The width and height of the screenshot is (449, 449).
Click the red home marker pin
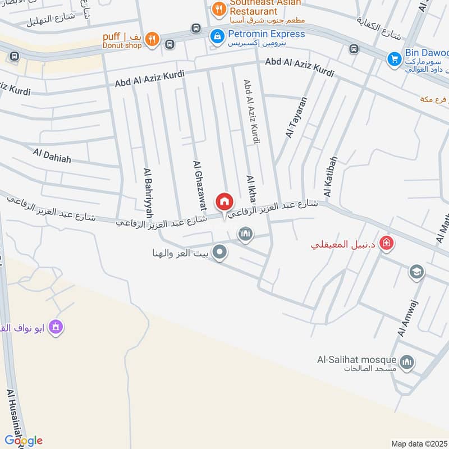click(224, 201)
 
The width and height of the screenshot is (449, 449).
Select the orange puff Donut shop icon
click(152, 39)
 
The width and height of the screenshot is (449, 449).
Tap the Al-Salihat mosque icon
click(408, 361)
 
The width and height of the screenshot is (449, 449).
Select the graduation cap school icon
click(416, 272)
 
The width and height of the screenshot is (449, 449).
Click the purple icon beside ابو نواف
click(55, 326)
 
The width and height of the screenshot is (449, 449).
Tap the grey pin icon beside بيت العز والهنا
click(221, 253)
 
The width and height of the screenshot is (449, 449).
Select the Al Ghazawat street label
click(199, 186)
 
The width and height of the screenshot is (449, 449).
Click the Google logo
click(24, 441)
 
